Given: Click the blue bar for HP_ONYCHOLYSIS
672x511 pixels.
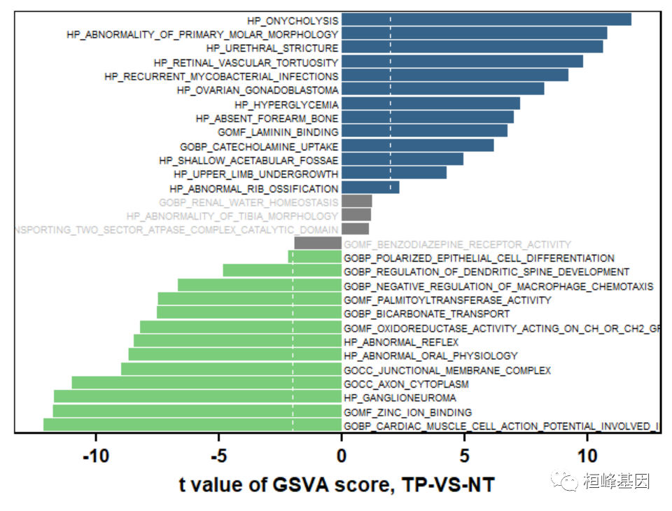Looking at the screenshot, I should [486, 20].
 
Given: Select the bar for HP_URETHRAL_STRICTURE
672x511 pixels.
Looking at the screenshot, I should [472, 48].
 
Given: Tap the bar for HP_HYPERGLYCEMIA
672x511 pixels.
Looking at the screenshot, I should [430, 104].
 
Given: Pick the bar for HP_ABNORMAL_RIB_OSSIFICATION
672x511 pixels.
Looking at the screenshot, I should [370, 188].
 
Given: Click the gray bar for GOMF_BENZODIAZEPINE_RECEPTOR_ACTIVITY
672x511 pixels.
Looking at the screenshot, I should [318, 244].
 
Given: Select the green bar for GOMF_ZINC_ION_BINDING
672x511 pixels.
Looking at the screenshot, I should [197, 412].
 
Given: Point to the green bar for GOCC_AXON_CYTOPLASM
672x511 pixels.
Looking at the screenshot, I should [206, 384].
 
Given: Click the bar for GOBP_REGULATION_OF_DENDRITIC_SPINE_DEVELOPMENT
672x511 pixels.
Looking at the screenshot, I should [282, 271].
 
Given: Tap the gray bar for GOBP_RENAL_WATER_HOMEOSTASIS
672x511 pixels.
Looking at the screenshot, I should [356, 202].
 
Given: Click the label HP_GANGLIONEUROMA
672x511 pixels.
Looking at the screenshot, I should [390, 398].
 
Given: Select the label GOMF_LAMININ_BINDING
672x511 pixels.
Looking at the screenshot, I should [278, 132].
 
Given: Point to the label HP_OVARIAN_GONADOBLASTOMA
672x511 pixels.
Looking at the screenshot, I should [258, 90].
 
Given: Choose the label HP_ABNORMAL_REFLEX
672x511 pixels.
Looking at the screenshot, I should [401, 342].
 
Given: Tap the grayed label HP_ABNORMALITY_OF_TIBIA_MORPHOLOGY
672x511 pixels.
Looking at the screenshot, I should [232, 216].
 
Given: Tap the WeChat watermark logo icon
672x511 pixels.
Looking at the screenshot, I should [564, 480].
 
